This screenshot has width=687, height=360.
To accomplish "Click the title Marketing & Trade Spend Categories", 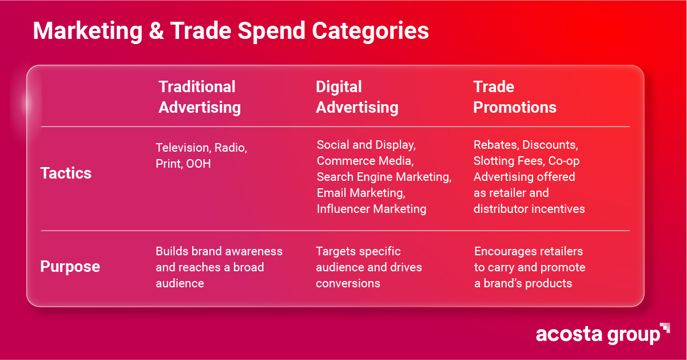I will click(231, 31).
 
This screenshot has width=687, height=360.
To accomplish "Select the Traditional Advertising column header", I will click(199, 97).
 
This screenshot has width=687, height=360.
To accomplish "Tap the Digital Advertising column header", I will click(356, 97).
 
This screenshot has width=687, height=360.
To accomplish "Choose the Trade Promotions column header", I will click(514, 97).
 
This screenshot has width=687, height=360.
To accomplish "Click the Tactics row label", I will click(66, 173).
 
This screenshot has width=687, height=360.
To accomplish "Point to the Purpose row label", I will click(70, 267).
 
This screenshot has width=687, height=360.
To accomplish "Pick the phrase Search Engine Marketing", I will click(384, 177).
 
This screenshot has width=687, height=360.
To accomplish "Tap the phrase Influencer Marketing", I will click(371, 209).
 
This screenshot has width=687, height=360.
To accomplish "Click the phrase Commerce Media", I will click(365, 161).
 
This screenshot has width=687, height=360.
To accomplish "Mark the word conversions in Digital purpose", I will click(348, 283).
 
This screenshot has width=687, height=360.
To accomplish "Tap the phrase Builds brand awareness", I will click(219, 251).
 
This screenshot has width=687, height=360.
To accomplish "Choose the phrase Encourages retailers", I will click(528, 251).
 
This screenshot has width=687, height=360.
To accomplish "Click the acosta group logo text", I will click(597, 334).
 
